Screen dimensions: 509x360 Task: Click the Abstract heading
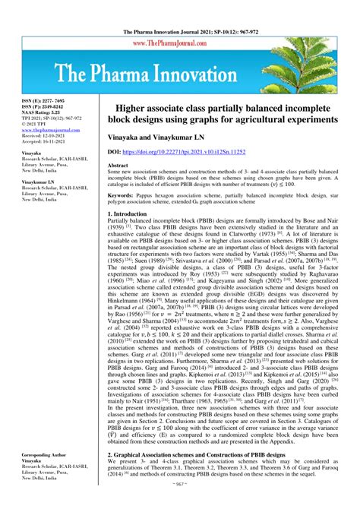tap(118, 165)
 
